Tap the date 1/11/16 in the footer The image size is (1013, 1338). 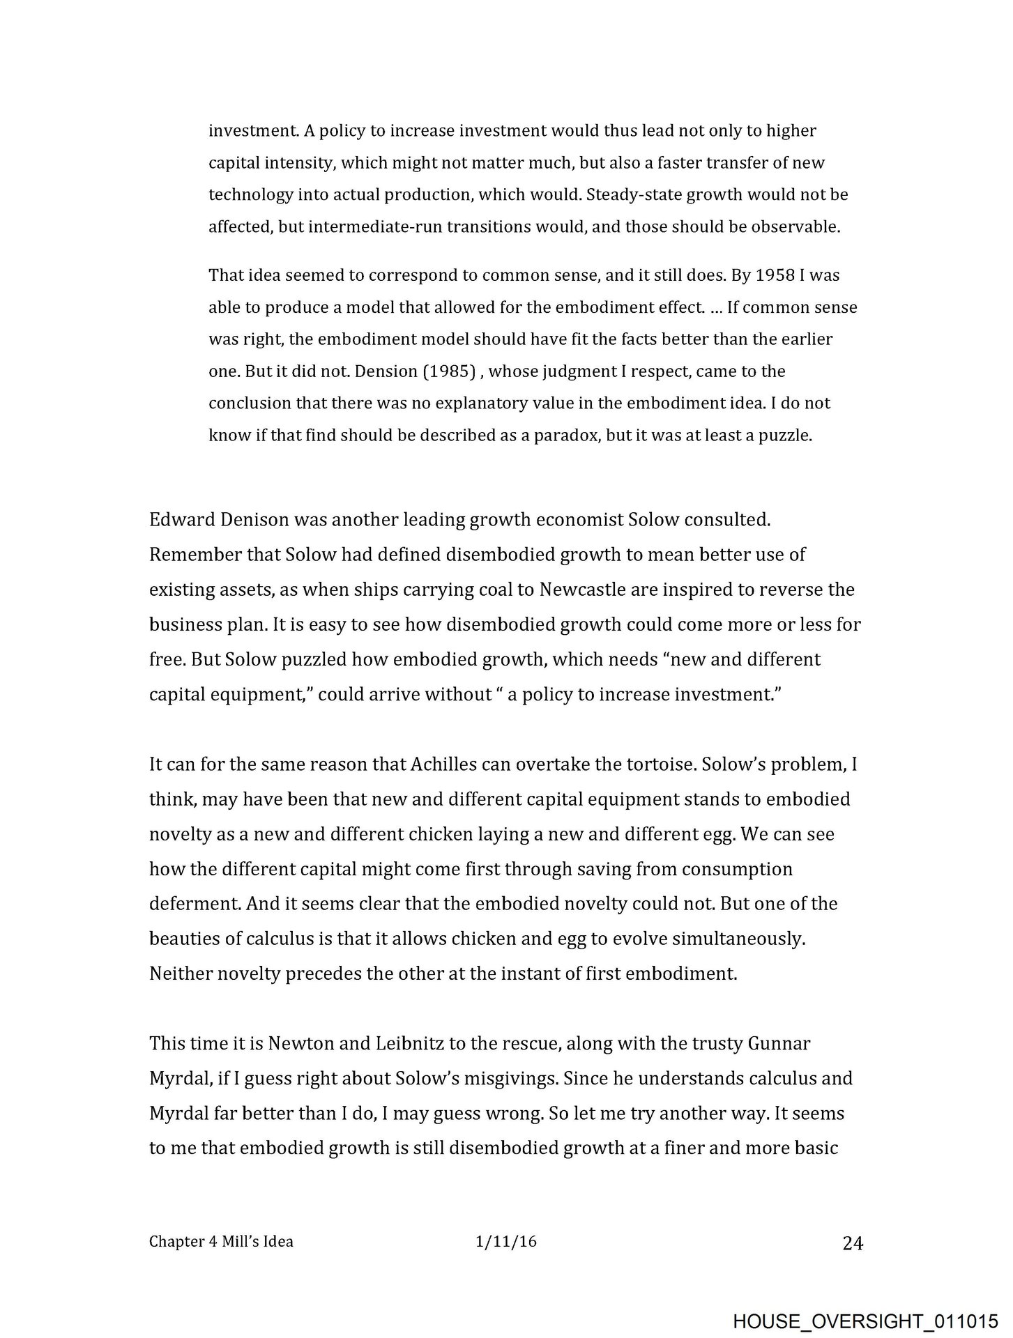pyautogui.click(x=505, y=1241)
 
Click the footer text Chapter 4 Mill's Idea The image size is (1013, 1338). pyautogui.click(x=221, y=1241)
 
